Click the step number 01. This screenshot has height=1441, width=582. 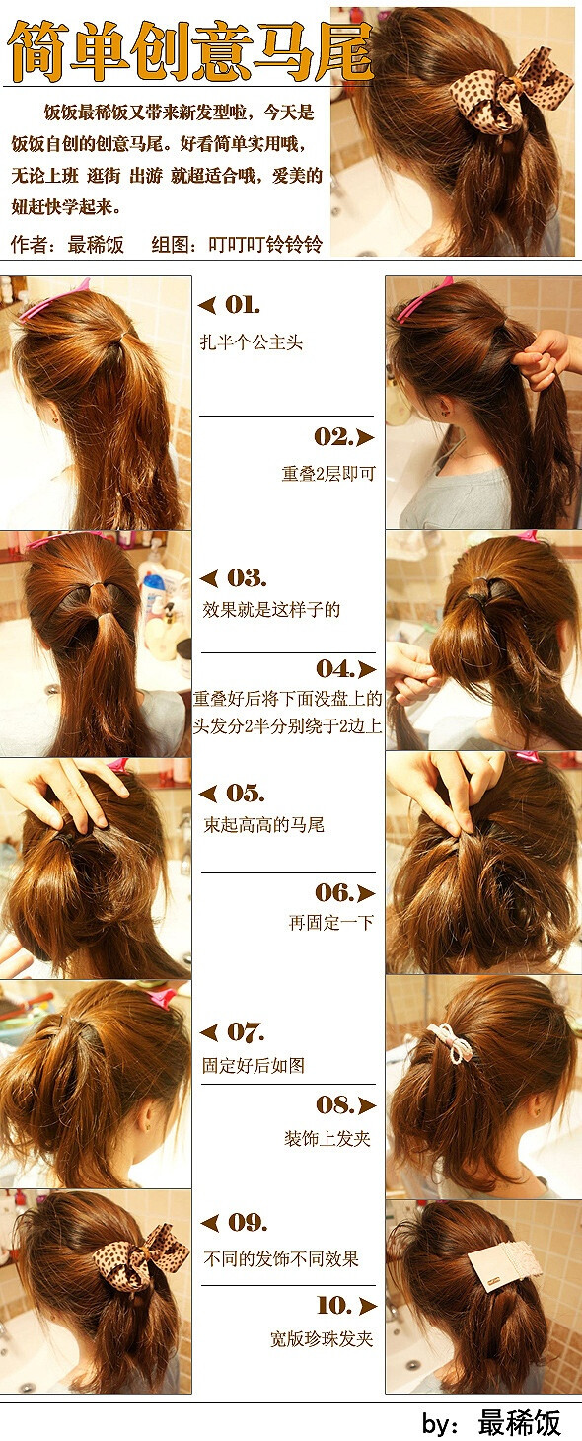point(243,306)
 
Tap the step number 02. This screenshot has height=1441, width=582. point(333,437)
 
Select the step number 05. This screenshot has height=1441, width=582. point(245,794)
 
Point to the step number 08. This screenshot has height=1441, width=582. point(334,1105)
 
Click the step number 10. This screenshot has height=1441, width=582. point(335,1305)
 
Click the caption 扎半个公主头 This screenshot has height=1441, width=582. point(251,342)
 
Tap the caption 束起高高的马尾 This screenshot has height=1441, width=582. point(263,825)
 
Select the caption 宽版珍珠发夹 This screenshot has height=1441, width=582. point(322,1339)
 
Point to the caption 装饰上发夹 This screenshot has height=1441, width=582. point(327,1139)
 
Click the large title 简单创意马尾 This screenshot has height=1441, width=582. point(190,51)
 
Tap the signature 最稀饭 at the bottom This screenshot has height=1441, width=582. point(520,1422)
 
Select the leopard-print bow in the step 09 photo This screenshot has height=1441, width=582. point(138,1253)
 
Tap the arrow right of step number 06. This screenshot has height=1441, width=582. point(366,893)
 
